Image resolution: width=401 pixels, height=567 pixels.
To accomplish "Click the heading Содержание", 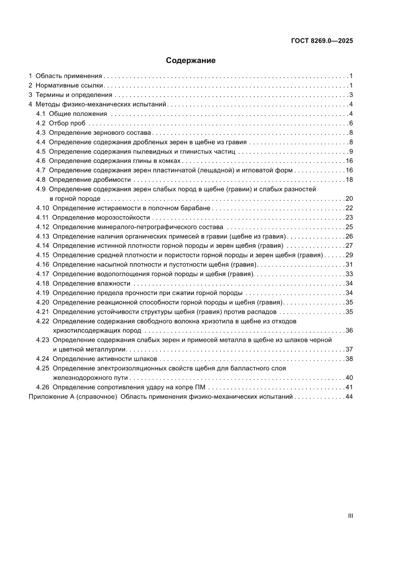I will (191, 61).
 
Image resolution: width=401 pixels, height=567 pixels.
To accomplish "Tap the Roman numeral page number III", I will (350, 516).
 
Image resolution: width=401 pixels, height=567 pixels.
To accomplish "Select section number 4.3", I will (41, 133).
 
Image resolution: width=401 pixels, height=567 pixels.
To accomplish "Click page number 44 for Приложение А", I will (349, 396).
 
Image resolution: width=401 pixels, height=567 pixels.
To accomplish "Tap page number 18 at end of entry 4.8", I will (349, 180).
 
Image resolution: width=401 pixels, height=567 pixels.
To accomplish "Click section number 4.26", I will (43, 387).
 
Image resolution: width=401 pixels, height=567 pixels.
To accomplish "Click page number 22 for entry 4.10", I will (349, 208).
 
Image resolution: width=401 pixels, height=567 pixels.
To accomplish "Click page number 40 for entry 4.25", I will (349, 377).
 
